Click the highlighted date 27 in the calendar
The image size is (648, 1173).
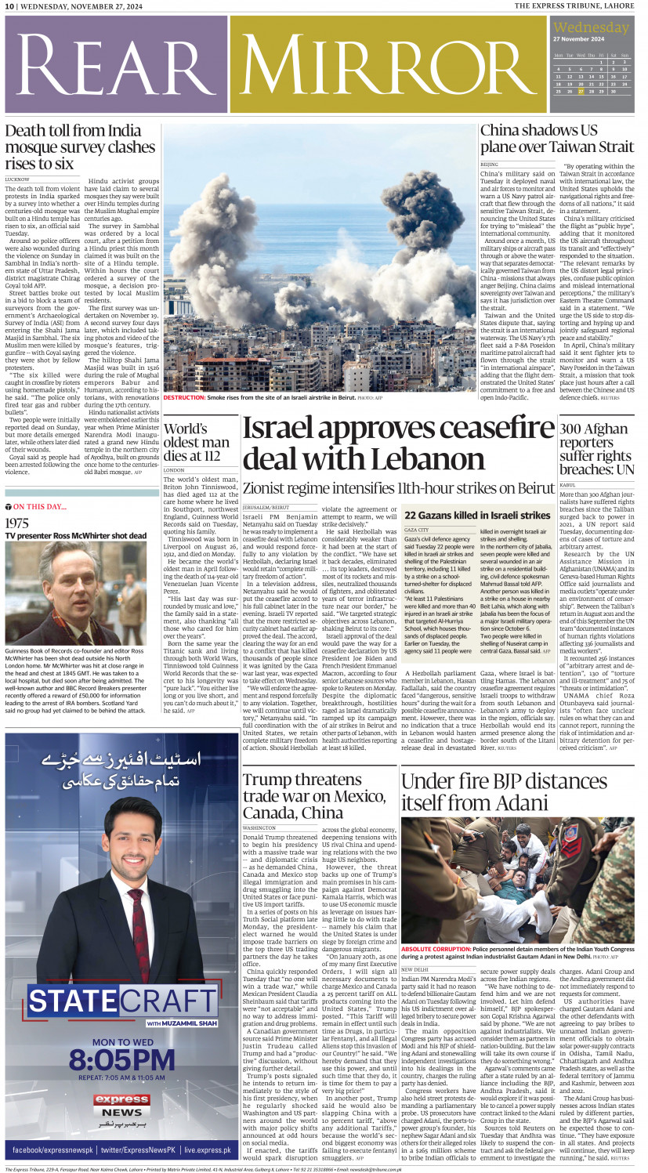coord(581,91)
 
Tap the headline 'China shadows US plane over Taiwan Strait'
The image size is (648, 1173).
coord(557,139)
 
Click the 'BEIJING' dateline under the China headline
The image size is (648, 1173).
coord(489,165)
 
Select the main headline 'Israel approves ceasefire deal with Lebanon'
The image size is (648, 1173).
coord(398,443)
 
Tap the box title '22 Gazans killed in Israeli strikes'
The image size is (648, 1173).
coord(476,516)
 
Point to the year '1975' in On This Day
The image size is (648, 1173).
coord(17,523)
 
